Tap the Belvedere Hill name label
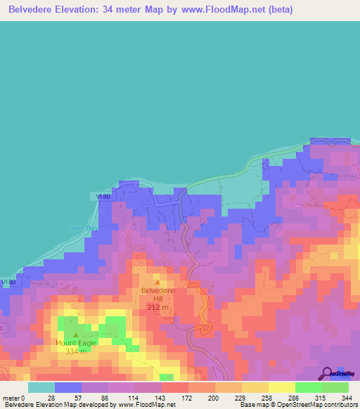pyautogui.click(x=157, y=295)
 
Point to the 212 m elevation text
pyautogui.click(x=157, y=308)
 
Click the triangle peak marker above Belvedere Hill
pyautogui.click(x=157, y=283)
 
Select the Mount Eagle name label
pyautogui.click(x=76, y=343)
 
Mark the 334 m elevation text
pyautogui.click(x=76, y=351)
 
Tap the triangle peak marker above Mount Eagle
pyautogui.click(x=75, y=335)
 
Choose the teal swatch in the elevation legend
pyautogui.click(x=41, y=387)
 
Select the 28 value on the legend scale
pyautogui.click(x=51, y=397)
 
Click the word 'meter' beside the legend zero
pyautogui.click(x=10, y=397)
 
